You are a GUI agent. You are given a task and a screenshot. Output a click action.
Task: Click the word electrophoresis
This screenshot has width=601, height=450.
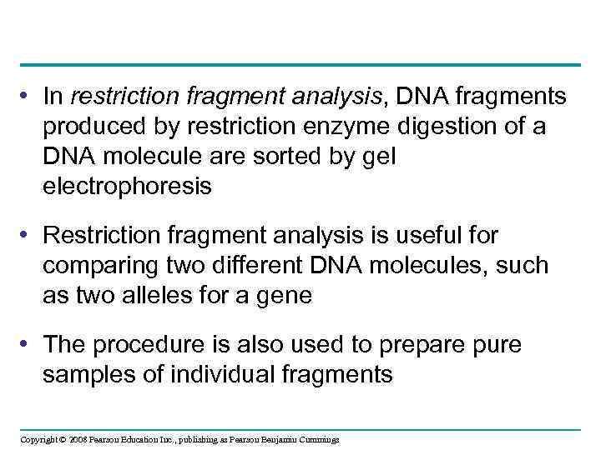127,187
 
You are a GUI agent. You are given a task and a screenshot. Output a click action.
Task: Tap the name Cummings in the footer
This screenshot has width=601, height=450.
318,439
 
